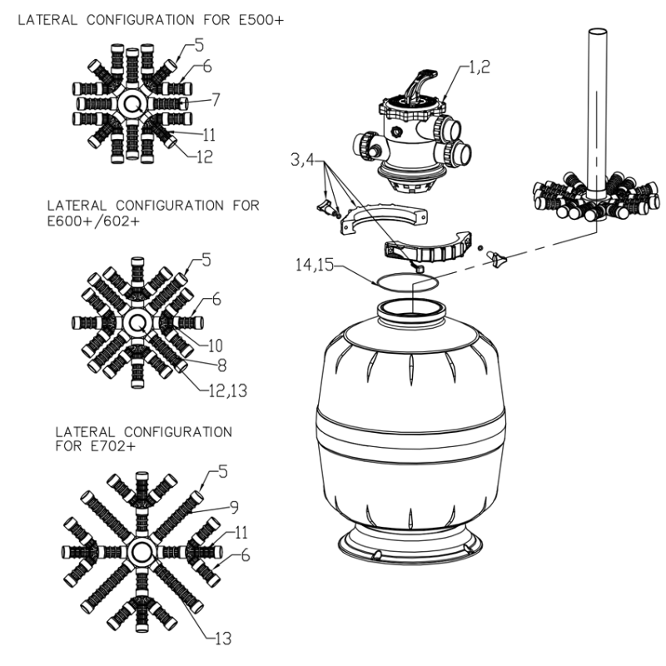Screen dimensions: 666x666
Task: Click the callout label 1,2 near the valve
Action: (x=480, y=67)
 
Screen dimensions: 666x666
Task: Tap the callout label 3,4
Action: (x=302, y=160)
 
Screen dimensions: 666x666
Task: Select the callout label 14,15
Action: (x=315, y=265)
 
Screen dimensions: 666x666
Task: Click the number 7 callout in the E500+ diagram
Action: (x=216, y=100)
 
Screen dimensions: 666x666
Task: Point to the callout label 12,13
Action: (x=228, y=390)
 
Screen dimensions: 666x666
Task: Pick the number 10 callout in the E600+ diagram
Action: (x=216, y=345)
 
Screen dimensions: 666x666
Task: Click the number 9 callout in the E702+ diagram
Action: (x=234, y=507)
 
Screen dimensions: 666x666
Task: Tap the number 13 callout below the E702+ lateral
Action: (x=224, y=639)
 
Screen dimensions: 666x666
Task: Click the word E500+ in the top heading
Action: (x=261, y=20)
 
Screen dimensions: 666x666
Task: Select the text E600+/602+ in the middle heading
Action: (x=93, y=221)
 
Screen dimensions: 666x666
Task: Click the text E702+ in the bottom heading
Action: (x=112, y=446)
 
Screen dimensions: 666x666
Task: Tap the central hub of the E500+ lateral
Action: (x=132, y=103)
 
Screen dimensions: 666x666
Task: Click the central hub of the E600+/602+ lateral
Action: (x=137, y=323)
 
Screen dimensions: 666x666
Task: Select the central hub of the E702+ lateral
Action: (x=139, y=552)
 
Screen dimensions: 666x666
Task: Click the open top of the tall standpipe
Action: (x=597, y=32)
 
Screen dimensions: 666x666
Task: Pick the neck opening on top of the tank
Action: (x=411, y=307)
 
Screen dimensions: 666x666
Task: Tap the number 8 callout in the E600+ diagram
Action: (x=221, y=365)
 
